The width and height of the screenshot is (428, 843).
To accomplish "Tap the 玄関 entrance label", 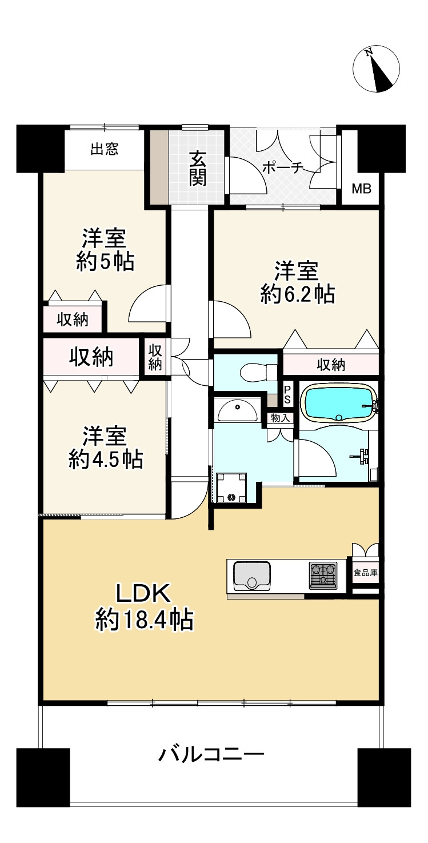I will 198,167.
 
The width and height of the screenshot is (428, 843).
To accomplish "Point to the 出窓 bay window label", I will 104,150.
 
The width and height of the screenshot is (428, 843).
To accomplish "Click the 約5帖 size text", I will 105,262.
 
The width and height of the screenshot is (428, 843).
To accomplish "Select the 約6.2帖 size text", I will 297,294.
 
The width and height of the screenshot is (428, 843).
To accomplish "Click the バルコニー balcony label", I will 211,756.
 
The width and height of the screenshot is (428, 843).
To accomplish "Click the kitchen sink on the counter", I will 252,575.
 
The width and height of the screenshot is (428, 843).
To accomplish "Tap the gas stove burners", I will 323,576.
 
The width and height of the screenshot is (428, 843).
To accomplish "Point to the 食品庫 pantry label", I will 365,572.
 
